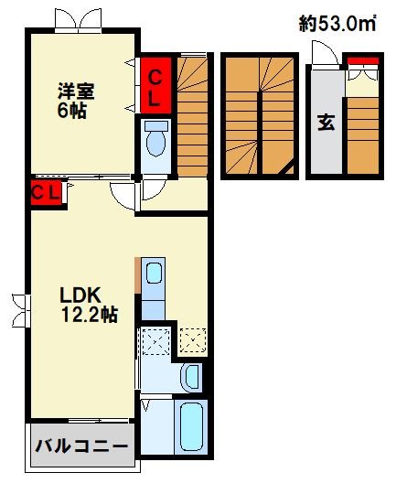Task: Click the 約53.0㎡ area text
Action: click(x=338, y=24)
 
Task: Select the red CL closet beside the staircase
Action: click(x=156, y=84)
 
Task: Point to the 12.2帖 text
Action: click(x=89, y=316)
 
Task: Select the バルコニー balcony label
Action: click(x=82, y=446)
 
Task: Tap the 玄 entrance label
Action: click(x=326, y=123)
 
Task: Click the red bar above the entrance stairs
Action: click(x=364, y=61)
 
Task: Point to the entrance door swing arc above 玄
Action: click(x=320, y=57)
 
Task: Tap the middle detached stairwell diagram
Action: click(x=260, y=114)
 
